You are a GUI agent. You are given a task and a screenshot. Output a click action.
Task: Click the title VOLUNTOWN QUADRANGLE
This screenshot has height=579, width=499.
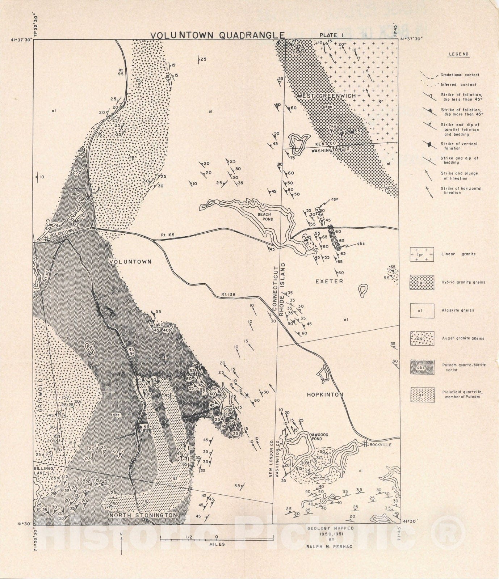pos(217,35)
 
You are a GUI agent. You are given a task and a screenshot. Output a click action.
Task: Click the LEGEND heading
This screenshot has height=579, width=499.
pos(459,54)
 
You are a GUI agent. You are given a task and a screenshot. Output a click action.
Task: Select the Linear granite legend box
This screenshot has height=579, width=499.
pos(422,254)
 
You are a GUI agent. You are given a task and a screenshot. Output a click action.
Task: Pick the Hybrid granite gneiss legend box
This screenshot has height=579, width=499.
pos(422,282)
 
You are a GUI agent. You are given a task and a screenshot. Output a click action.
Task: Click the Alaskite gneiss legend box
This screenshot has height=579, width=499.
pos(422,310)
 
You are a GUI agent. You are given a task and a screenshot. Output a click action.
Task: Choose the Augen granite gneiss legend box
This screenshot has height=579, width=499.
pos(422,339)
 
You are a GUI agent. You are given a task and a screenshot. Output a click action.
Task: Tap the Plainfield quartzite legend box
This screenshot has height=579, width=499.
pos(422,395)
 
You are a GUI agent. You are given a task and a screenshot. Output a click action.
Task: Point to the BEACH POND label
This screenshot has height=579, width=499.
pos(264,216)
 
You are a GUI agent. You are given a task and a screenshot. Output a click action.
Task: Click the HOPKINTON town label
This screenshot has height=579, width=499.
pos(325,395)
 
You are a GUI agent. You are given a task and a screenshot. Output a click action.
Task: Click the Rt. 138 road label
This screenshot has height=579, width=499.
pos(228,295)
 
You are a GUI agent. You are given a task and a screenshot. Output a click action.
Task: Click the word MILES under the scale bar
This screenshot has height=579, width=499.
pos(217,544)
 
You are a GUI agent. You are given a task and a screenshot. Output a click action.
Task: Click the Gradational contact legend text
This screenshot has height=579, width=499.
pos(460,75)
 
